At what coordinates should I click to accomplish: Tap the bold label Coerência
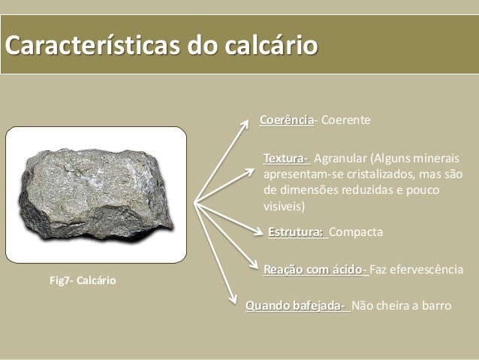coord(286,120)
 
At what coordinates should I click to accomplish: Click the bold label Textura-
coord(286,159)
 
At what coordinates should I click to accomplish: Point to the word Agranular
coord(340,159)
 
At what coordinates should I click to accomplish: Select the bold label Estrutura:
coord(297,232)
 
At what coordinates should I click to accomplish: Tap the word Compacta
coord(356,232)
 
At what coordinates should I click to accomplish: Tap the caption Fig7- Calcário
coord(83,280)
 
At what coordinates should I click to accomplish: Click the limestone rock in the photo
coord(96,194)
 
